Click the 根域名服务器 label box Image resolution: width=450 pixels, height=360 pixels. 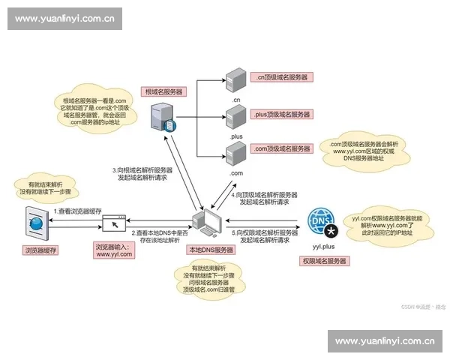(x=164, y=91)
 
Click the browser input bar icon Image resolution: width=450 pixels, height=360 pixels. (x=114, y=223)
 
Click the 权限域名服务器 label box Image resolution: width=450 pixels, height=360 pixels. (x=324, y=261)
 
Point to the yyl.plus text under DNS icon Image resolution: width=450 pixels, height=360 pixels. (x=322, y=245)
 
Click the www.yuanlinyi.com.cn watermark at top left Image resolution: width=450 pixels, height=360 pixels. (x=65, y=19)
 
